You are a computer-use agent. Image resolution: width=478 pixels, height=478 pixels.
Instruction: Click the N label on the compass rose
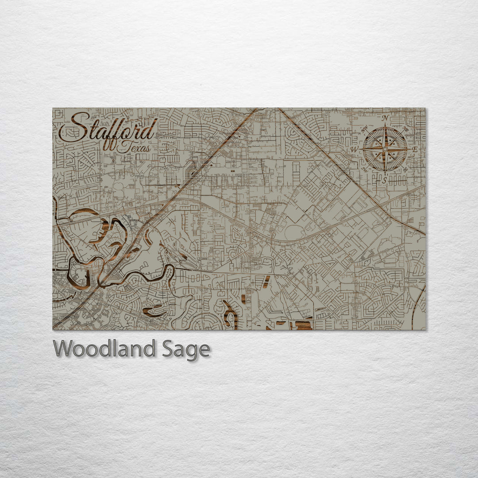(385, 118)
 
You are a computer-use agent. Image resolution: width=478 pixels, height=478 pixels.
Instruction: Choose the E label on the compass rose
(415, 150)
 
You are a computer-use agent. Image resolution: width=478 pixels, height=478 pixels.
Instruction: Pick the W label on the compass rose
(355, 149)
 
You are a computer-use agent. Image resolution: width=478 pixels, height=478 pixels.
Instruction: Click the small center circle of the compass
(385, 149)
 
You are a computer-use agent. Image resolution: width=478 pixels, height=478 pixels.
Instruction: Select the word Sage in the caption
(185, 349)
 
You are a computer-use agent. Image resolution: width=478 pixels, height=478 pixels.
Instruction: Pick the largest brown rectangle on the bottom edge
(304, 326)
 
